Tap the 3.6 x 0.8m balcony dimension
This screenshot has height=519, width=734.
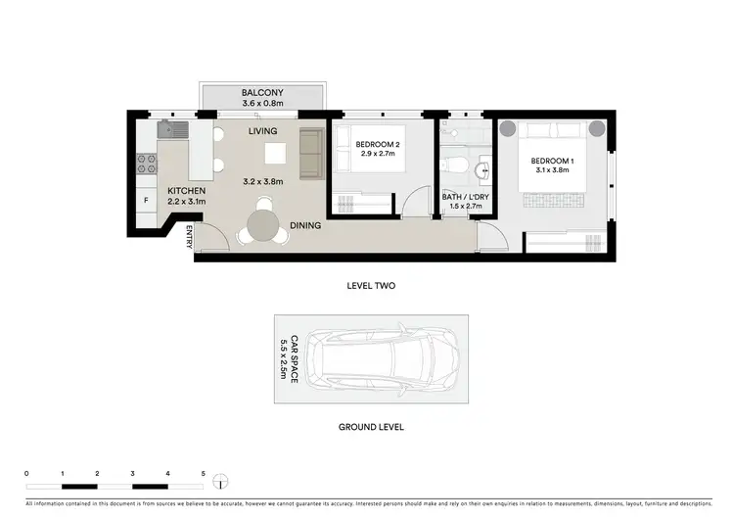(x=262, y=105)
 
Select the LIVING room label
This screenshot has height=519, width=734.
(x=262, y=131)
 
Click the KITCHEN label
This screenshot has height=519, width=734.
(x=186, y=191)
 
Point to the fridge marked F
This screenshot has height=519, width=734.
(x=146, y=201)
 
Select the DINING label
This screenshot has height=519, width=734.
(x=305, y=226)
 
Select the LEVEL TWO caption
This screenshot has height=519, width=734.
(x=371, y=286)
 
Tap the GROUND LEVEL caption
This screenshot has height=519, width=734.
(x=371, y=427)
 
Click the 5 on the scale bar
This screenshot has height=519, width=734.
(x=204, y=473)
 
